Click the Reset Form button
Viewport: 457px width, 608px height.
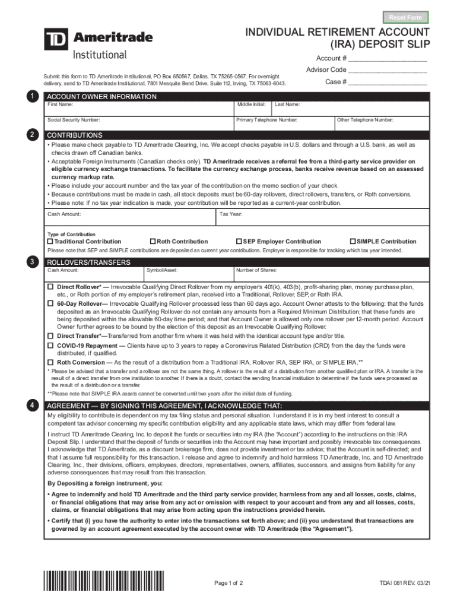click(405, 17)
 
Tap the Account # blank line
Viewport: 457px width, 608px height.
click(388, 59)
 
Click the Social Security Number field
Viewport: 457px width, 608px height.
click(139, 123)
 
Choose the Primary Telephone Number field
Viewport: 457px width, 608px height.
click(283, 123)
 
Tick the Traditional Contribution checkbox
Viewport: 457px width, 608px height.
click(50, 242)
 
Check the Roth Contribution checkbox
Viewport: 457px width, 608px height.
click(153, 242)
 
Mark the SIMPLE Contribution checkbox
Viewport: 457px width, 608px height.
click(353, 242)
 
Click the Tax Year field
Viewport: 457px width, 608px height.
click(323, 218)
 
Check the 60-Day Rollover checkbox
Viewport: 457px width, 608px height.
click(50, 303)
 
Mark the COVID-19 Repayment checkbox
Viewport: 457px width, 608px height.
click(50, 346)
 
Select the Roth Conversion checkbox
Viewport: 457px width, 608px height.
click(50, 362)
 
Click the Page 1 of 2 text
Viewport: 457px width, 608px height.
click(228, 583)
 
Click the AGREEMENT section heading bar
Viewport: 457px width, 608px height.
click(236, 406)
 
